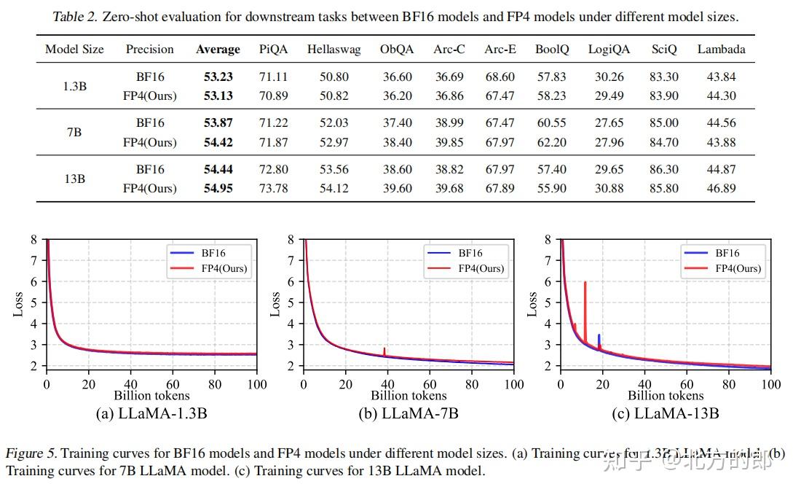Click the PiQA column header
(x=273, y=50)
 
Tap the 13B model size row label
(x=74, y=179)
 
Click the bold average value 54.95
(x=218, y=188)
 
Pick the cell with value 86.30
(x=664, y=169)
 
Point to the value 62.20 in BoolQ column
(x=551, y=142)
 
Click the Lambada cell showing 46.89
(x=721, y=188)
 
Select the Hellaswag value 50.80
(x=328, y=77)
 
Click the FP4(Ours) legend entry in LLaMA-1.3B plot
(x=218, y=268)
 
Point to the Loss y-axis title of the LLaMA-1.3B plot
(x=18, y=304)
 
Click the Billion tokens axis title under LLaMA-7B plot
(x=409, y=396)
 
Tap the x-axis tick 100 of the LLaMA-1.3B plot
(x=256, y=384)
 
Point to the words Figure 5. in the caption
(x=34, y=453)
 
